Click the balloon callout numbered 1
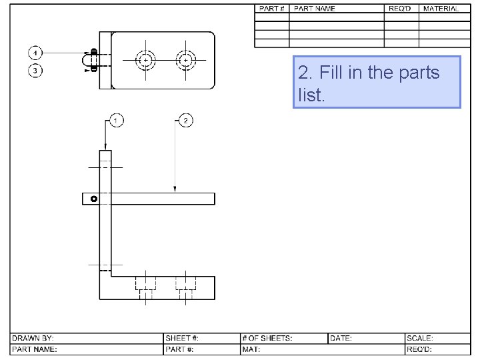(116, 121)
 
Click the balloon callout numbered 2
(185, 121)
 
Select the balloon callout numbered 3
(35, 70)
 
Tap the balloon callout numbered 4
(35, 52)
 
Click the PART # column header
(271, 9)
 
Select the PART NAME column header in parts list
(315, 9)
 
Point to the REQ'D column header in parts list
(401, 9)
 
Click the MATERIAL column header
(440, 9)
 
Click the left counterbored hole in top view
(145, 60)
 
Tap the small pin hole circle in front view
(94, 199)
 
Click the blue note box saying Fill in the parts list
(377, 82)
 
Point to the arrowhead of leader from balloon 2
(175, 191)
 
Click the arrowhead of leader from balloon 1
(105, 148)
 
